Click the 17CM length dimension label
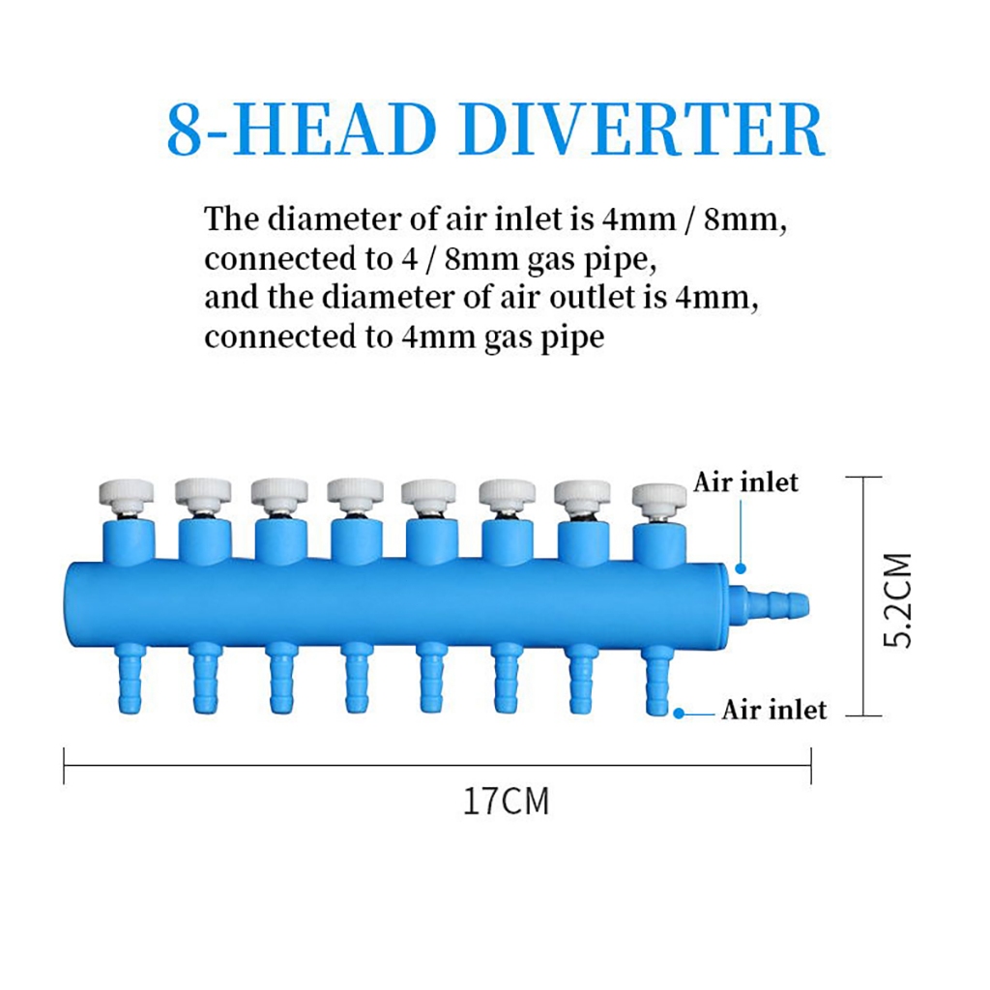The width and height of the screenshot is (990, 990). (x=506, y=801)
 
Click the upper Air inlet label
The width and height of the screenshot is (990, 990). (x=745, y=481)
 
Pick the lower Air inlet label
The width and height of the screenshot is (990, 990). (x=773, y=711)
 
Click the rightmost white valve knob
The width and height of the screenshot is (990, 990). (x=659, y=499)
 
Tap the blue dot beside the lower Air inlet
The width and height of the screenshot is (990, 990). (x=680, y=713)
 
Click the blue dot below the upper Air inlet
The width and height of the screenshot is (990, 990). (x=742, y=569)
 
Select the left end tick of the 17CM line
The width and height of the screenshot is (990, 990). (x=64, y=764)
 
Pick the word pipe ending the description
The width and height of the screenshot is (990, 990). (x=575, y=338)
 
